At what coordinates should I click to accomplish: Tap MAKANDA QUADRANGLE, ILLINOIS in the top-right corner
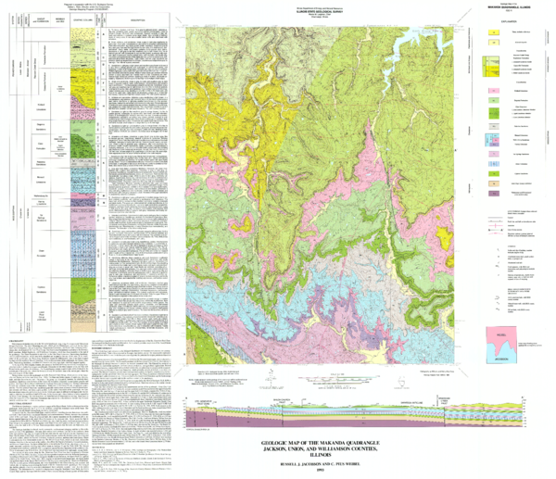click(x=512, y=9)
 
